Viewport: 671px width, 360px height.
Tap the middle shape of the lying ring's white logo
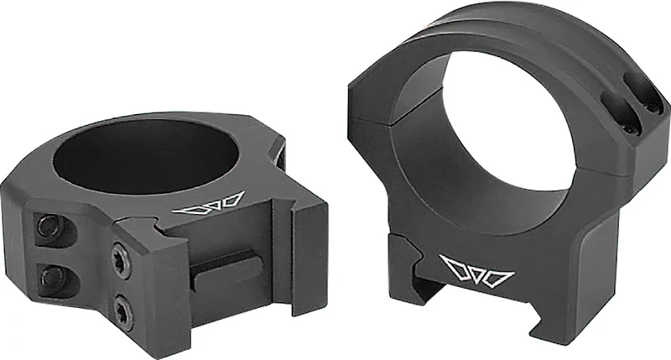(211, 203)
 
